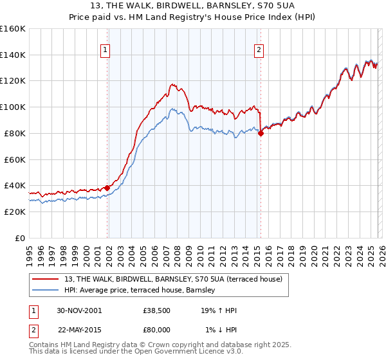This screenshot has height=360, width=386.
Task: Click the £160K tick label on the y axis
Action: [x=13, y=29]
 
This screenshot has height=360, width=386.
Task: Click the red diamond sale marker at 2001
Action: [x=107, y=188]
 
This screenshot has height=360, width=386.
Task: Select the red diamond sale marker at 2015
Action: [x=261, y=134]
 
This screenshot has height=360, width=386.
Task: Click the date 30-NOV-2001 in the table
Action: [x=80, y=310]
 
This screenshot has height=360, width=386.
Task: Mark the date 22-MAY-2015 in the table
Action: [x=80, y=330]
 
